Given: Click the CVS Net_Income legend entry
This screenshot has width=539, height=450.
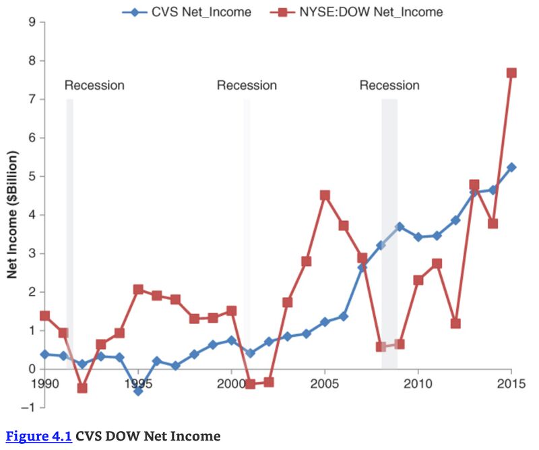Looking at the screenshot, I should tap(195, 12).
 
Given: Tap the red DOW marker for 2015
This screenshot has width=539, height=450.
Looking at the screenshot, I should tap(511, 73).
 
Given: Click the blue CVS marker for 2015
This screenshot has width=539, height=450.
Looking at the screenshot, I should tap(511, 167).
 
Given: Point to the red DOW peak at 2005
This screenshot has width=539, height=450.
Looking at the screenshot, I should tap(325, 195).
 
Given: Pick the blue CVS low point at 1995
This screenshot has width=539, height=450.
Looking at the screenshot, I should tap(138, 391).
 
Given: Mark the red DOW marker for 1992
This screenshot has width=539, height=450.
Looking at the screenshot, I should tap(82, 388).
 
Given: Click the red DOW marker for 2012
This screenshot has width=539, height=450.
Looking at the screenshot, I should tap(455, 323).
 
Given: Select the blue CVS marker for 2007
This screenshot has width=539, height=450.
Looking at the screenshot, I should tap(362, 267).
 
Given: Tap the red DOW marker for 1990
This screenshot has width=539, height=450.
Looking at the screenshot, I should tap(45, 315).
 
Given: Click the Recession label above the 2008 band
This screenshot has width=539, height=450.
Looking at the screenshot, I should tap(389, 86).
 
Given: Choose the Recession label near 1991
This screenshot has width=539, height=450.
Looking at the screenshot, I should tap(94, 86).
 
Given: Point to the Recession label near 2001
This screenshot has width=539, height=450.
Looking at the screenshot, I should tap(247, 86).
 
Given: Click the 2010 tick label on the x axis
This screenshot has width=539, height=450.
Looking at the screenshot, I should tap(418, 385).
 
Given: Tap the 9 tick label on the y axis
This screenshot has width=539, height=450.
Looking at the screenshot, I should tap(32, 22).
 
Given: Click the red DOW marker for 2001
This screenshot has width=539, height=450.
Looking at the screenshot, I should tap(250, 384).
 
